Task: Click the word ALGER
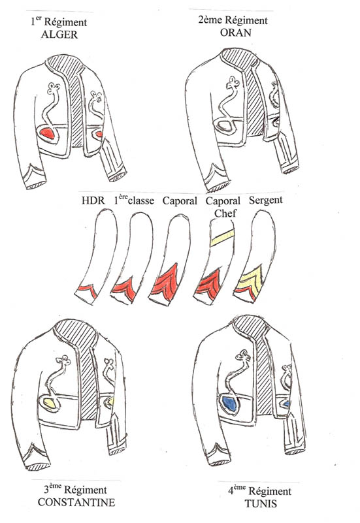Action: [x=59, y=35]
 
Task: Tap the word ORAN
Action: [x=236, y=33]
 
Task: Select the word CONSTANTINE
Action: [x=76, y=502]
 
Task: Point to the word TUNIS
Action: [x=261, y=503]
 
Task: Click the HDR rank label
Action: [x=93, y=200]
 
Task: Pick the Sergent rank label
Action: [x=265, y=200]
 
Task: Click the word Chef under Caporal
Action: [x=225, y=213]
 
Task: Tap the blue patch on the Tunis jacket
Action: [x=229, y=404]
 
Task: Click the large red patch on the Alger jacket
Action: [x=48, y=134]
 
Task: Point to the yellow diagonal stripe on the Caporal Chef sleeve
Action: [x=222, y=238]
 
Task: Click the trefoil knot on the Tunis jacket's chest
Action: [x=243, y=357]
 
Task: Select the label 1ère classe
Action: [x=134, y=200]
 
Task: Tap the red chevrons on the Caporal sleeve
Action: [x=166, y=282]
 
